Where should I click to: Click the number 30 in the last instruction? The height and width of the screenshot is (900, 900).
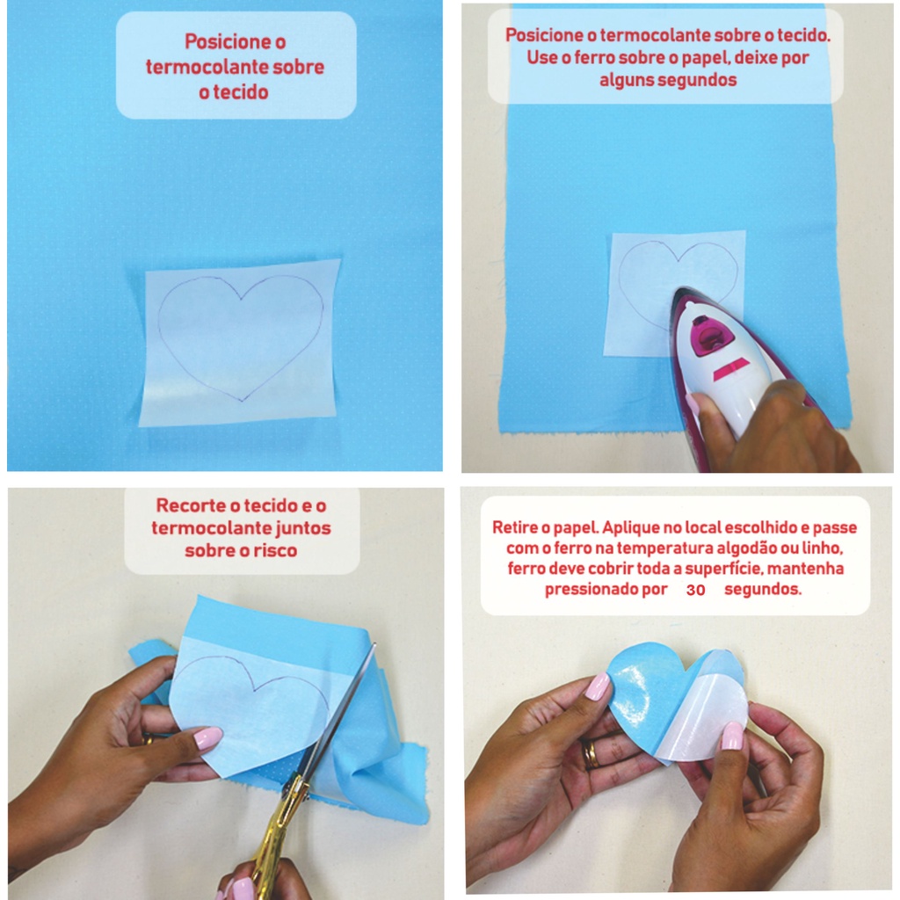click(x=696, y=590)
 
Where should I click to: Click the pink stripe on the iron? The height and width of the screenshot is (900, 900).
click(x=731, y=369)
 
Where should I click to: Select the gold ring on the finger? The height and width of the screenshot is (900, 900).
click(x=592, y=754)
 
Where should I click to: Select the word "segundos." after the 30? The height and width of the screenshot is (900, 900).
click(x=763, y=590)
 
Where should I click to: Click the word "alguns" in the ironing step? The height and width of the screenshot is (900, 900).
click(x=626, y=80)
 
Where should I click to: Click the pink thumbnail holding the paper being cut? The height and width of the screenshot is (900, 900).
click(x=207, y=737)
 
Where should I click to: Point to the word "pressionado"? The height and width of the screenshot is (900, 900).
click(x=606, y=590)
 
